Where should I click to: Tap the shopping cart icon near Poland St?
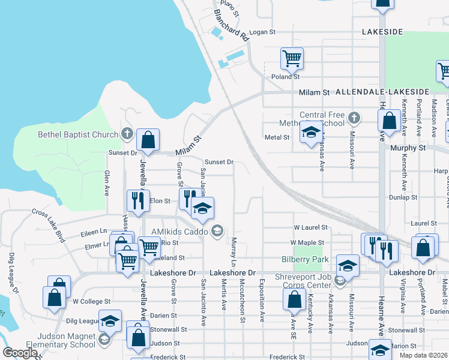click(292, 59)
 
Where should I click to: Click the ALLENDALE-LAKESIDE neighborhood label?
click(382, 92)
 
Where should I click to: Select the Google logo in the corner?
click(19, 353)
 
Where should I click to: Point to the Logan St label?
click(262, 32)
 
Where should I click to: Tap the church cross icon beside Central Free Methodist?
click(354, 118)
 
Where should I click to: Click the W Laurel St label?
click(310, 227)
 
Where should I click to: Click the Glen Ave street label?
click(106, 182)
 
